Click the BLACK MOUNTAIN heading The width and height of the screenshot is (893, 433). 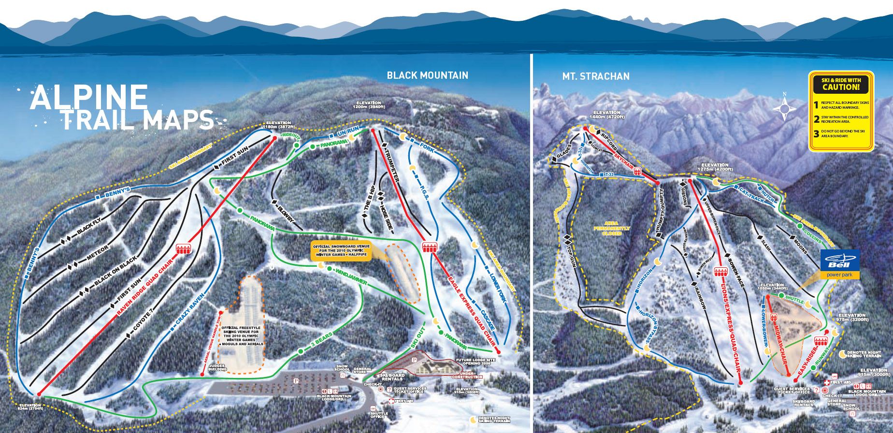(x=427, y=75)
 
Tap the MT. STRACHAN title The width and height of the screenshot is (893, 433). (x=595, y=76)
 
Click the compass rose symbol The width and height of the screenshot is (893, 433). (x=784, y=108)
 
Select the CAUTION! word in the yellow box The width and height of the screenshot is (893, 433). (x=841, y=87)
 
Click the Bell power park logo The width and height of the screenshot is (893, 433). (x=840, y=263)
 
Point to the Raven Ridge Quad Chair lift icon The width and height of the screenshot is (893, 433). (x=183, y=249)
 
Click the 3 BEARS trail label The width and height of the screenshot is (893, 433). (x=321, y=339)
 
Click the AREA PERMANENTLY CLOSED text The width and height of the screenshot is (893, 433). (x=611, y=228)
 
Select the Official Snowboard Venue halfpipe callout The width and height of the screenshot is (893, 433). (x=341, y=250)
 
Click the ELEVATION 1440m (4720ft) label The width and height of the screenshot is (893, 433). (x=606, y=115)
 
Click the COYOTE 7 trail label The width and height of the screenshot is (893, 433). (x=143, y=319)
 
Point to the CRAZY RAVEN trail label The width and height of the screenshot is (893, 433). (x=190, y=308)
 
